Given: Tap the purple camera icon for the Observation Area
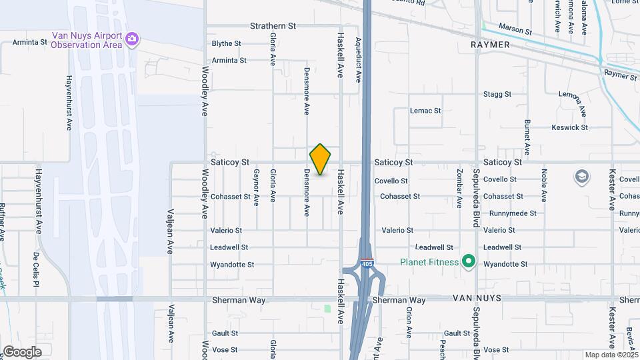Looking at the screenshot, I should coord(132,39).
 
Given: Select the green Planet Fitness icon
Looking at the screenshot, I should coord(469,261).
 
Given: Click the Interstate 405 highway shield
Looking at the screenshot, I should coord(367,264).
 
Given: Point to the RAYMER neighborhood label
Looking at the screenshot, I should coord(490,45).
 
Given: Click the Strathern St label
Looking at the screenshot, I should coord(273,26).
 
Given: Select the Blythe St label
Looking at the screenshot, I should coord(226,43).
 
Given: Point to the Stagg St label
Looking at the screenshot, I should coord(497,95).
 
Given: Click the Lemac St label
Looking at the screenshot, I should coord(425,111).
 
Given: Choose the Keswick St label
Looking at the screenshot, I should coord(569,127).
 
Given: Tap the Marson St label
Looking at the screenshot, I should coord(515,31).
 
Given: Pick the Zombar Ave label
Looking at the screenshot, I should coord(459,187).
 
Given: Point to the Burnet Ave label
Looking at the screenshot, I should coord(527,137).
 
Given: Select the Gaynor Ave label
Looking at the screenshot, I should coord(256,187).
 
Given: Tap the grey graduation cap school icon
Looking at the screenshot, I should coord(582,177).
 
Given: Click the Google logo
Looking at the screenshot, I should coord(22,352).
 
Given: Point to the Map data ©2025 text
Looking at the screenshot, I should coord(610,355).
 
